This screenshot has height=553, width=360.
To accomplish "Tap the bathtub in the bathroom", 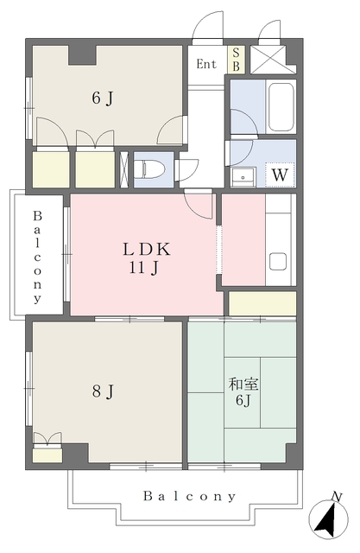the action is [x=281, y=107].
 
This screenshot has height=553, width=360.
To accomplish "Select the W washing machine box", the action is [x=280, y=175].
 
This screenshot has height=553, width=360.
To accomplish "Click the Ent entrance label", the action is [x=206, y=64].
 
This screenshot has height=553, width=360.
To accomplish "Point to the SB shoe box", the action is [x=236, y=60].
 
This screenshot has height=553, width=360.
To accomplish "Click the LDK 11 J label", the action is [x=146, y=258].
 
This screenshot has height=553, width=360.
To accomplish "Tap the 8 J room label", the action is [x=103, y=391].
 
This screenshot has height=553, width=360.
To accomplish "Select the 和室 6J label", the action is [x=243, y=391].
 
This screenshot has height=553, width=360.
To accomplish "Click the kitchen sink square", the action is [x=278, y=261].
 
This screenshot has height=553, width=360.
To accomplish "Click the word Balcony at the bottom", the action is [x=189, y=497].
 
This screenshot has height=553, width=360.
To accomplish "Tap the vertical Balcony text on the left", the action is [x=37, y=257].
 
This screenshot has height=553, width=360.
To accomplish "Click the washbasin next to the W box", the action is [x=243, y=176].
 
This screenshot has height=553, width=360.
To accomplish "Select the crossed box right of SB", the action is [x=273, y=60].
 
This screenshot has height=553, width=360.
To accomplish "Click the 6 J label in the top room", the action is [x=103, y=98].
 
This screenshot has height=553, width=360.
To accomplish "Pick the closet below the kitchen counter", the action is [x=262, y=303].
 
